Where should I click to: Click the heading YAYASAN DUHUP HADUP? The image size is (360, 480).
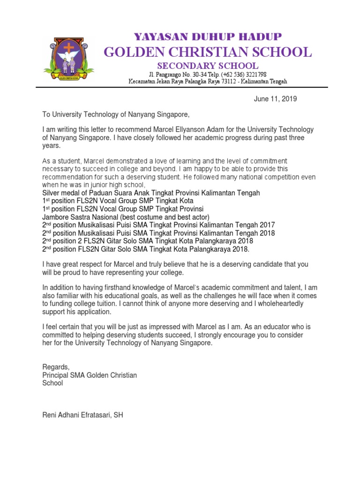click(x=208, y=37)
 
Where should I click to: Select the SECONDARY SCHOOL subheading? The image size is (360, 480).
click(x=207, y=66)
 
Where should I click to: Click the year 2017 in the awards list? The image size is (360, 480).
click(x=267, y=225)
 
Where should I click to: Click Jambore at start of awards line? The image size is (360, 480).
click(x=55, y=217)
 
